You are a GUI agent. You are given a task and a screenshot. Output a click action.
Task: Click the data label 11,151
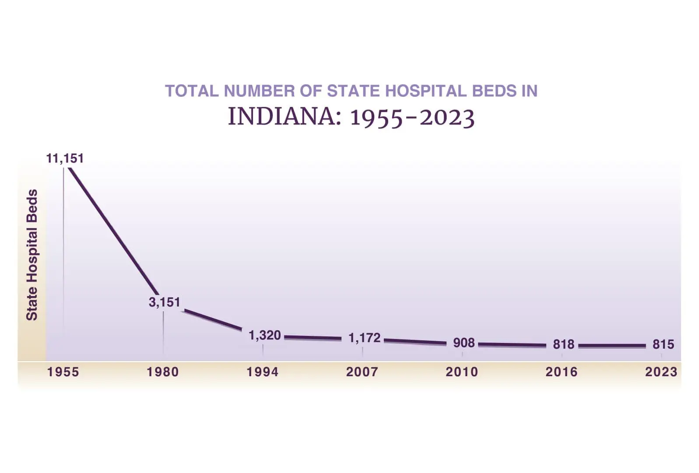point(65,158)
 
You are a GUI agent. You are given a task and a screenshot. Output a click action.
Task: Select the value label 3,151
point(164,302)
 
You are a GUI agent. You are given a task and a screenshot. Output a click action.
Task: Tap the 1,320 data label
point(264,335)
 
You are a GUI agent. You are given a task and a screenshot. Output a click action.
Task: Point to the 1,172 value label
point(364,338)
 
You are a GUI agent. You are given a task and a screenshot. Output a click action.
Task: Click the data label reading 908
point(464,342)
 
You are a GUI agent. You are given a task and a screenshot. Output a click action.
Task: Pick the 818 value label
point(563,344)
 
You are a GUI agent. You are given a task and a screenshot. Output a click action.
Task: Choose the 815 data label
point(663,344)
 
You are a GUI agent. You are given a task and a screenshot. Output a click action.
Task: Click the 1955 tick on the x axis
point(63,372)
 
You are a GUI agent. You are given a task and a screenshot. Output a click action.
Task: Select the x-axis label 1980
point(163,372)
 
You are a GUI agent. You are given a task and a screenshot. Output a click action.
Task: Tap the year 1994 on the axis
point(263,372)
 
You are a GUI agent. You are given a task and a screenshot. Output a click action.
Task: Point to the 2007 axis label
point(362,372)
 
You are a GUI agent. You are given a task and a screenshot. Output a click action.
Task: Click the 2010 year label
point(462,372)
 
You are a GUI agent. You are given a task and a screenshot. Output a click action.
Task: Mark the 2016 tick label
point(562,372)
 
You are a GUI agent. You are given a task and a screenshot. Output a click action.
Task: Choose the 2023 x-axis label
point(661,372)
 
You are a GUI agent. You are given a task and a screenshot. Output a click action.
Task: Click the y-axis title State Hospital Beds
point(32,255)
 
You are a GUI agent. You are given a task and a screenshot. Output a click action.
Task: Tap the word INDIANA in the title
point(284,117)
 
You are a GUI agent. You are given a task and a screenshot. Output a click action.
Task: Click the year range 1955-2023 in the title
point(412,117)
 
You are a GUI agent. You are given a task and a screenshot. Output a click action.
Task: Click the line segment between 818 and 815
point(612,346)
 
